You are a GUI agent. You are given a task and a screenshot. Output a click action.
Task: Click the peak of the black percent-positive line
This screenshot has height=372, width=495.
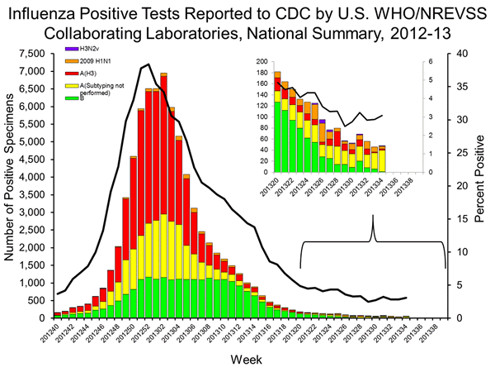click(x=147, y=64)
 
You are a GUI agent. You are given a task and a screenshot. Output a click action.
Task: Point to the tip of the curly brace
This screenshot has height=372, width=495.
click(x=374, y=217)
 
